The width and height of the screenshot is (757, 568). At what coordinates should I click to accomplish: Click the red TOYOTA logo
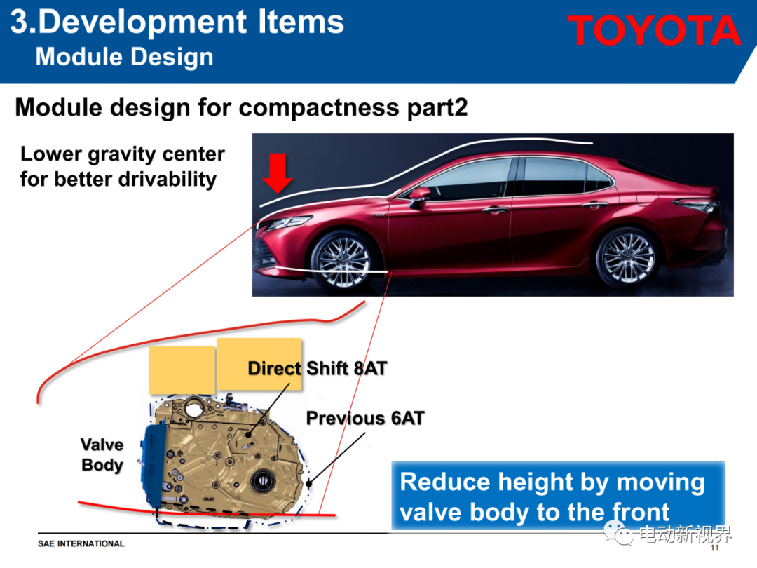(x=654, y=30)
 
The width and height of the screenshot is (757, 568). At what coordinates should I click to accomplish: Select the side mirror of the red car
(x=420, y=195)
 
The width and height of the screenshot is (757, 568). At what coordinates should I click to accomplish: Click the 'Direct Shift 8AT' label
(x=318, y=369)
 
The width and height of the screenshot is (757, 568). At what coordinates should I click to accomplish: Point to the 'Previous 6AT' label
(x=365, y=418)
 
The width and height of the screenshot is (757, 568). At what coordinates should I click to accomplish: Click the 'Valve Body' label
(x=102, y=454)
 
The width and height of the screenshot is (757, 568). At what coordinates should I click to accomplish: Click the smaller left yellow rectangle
(x=182, y=370)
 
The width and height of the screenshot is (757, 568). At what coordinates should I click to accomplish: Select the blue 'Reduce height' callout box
(x=558, y=496)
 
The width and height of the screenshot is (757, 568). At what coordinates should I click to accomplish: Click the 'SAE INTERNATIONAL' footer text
(x=81, y=544)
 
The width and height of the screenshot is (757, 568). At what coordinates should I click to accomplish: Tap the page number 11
(x=714, y=548)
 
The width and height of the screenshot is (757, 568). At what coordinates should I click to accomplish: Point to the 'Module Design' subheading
(x=125, y=57)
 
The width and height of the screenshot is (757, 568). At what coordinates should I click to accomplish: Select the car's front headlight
(x=287, y=223)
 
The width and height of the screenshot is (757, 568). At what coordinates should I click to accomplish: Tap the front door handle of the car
(x=496, y=210)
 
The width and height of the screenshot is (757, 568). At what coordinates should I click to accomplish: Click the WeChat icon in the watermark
(x=618, y=533)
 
